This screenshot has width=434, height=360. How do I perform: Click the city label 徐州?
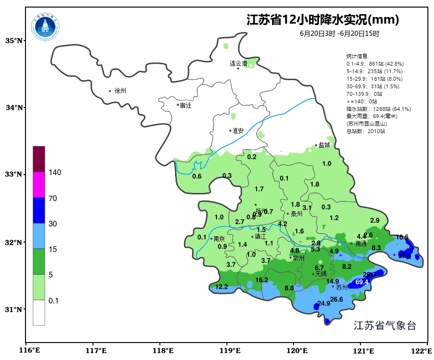pos(120,91)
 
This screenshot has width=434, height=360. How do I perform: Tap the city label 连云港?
pos(238,63)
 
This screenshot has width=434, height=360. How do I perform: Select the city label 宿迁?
pos(185,105)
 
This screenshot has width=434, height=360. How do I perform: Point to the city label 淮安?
pos(238,131)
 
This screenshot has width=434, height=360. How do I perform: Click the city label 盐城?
pos(324,145)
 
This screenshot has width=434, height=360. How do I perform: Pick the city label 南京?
pos(219,239)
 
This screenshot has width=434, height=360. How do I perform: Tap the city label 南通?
pos(361,244)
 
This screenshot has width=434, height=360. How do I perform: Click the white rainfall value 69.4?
pos(362,282)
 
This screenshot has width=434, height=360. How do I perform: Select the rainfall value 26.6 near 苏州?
pos(336,299)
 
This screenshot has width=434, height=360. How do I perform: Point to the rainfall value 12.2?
pos(222,286)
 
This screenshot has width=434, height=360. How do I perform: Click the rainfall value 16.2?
pos(261,280)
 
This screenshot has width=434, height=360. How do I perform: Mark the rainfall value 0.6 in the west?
pos(197,176)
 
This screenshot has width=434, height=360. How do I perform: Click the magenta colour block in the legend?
pos(39,184)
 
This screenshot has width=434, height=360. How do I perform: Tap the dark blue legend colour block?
pos(39,210)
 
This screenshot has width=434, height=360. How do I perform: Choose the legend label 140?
pos(55,173)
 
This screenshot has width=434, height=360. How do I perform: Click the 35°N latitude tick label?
pos(14,41)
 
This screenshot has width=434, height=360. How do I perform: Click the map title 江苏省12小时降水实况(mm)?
pos(323,20)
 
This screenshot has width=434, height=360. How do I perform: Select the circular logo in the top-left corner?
pos(46,27)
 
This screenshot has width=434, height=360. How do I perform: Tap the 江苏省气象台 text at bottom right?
pos(384,326)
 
